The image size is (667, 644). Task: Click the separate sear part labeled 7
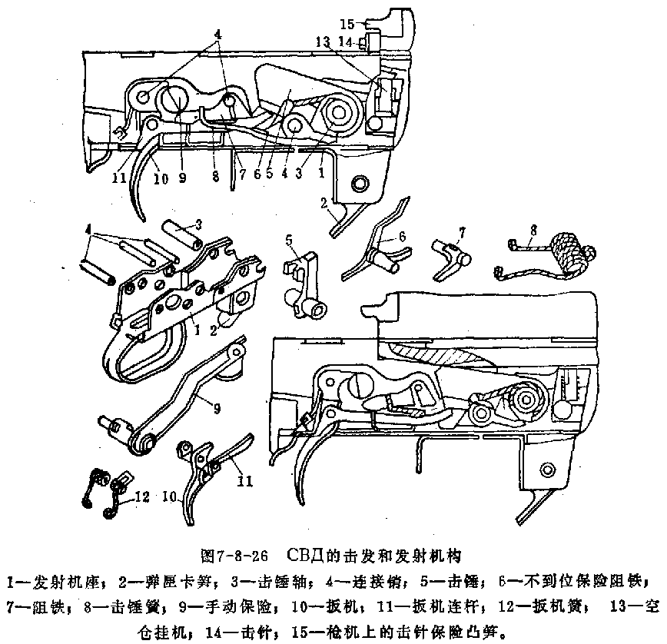point(450,257)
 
